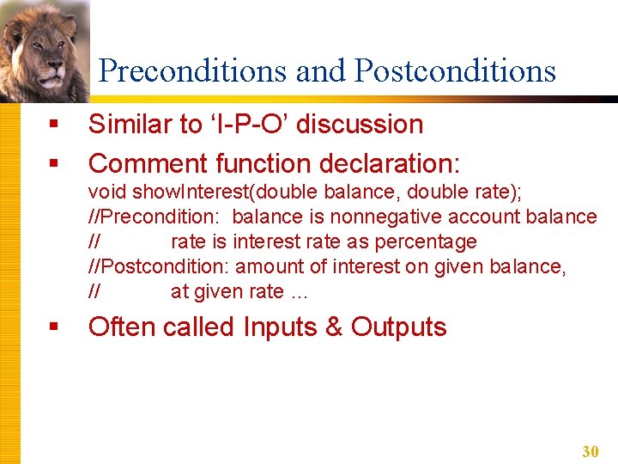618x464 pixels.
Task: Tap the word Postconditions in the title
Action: click(x=455, y=71)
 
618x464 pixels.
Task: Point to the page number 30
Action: click(x=590, y=451)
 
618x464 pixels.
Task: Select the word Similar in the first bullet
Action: click(x=131, y=125)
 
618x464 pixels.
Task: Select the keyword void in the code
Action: click(x=105, y=192)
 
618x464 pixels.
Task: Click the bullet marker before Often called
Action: click(x=53, y=327)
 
